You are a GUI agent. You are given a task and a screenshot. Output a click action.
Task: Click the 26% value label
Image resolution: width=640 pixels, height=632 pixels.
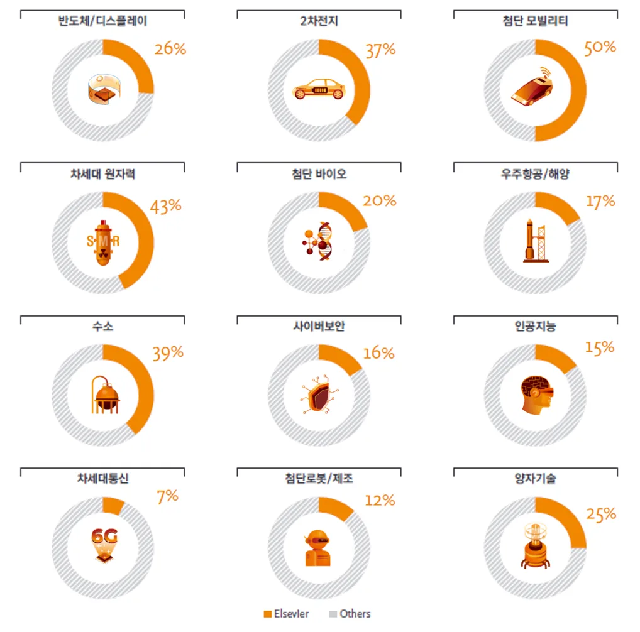170,49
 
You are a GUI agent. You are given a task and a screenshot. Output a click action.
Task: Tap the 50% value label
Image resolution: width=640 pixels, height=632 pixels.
600,48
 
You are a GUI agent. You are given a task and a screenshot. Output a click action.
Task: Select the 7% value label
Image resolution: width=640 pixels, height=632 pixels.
168,496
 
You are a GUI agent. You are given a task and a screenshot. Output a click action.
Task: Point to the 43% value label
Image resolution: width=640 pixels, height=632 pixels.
165,206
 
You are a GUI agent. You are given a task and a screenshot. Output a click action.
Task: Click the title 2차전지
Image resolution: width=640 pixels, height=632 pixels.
319,21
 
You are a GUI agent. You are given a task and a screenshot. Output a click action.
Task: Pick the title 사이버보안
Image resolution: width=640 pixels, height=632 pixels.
319,327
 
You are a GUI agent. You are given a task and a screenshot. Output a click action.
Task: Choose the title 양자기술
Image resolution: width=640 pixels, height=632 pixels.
535,479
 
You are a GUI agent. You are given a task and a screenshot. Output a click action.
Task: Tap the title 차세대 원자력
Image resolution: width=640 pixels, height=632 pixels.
103,174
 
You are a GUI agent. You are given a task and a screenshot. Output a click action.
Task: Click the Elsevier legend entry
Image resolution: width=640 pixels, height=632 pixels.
287,614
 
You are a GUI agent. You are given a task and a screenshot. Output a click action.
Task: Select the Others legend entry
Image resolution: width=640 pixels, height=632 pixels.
350,614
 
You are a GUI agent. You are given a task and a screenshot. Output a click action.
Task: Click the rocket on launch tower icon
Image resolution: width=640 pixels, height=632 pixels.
534,241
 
